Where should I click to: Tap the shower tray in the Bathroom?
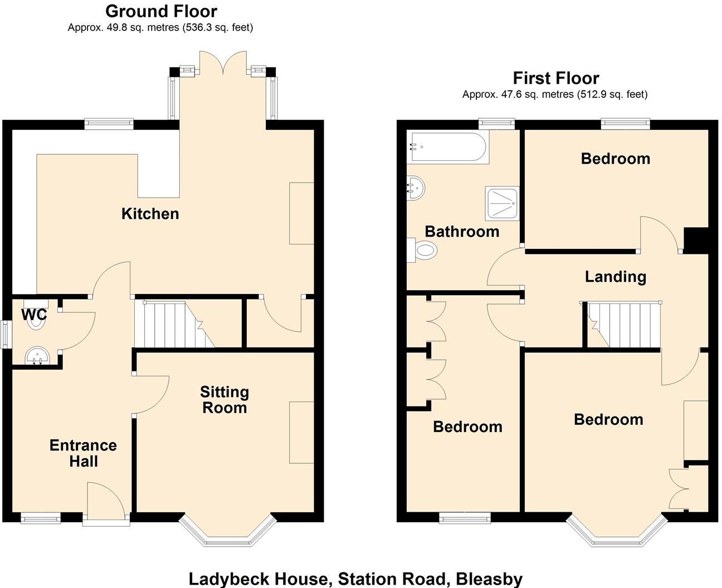pyautogui.click(x=501, y=203)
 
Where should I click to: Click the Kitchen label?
pyautogui.click(x=150, y=214)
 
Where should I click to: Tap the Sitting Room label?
pyautogui.click(x=225, y=400)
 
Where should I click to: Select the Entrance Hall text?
pyautogui.click(x=83, y=453)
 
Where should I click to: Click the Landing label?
pyautogui.click(x=615, y=277)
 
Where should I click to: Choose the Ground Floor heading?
pyautogui.click(x=161, y=11)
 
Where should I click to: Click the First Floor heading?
pyautogui.click(x=555, y=78)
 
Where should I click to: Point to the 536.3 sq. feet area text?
pyautogui.click(x=218, y=27)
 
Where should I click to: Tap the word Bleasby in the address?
pyautogui.click(x=489, y=579)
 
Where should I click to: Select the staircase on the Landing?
pyautogui.click(x=623, y=324)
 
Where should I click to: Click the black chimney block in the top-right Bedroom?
pyautogui.click(x=696, y=241)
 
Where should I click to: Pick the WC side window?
pyautogui.click(x=5, y=334)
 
